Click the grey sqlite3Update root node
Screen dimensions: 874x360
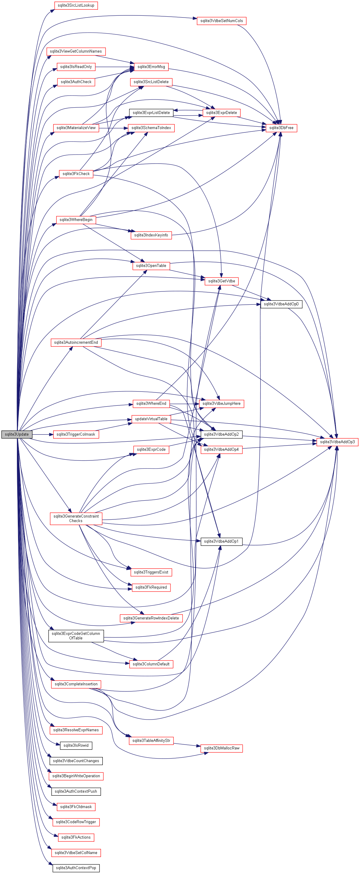click(x=17, y=434)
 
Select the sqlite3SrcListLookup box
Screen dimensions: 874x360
click(x=76, y=5)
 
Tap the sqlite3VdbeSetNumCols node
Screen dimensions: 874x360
click(x=222, y=21)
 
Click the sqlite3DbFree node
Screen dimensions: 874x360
click(x=281, y=128)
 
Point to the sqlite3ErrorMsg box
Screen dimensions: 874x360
click(x=151, y=67)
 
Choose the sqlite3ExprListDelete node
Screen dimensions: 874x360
click(x=151, y=113)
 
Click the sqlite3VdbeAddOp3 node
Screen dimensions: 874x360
click(x=337, y=442)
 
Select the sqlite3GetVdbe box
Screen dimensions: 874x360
click(x=222, y=281)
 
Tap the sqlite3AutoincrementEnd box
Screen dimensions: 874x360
click(x=76, y=342)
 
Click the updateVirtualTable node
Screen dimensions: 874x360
click(x=151, y=419)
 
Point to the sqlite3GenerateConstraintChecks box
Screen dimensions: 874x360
click(x=76, y=518)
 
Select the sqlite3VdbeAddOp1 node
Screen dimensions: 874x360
click(x=221, y=541)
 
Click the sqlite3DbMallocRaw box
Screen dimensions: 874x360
click(x=222, y=748)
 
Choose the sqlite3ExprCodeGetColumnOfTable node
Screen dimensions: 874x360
click(x=76, y=636)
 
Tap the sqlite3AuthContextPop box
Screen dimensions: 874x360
click(x=76, y=868)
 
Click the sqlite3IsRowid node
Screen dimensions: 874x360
click(x=76, y=746)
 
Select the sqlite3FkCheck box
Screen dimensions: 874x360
click(x=76, y=174)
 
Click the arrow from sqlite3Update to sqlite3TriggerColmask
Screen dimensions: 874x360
click(x=42, y=434)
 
